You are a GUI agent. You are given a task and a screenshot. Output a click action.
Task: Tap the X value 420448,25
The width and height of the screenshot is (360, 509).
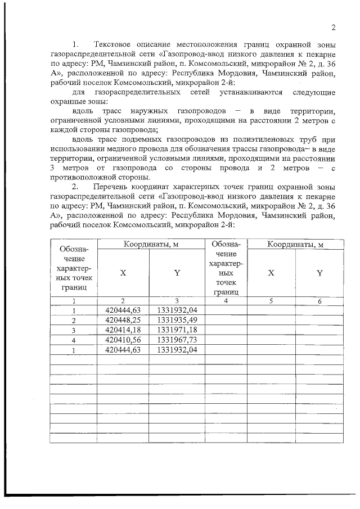pyautogui.click(x=123, y=320)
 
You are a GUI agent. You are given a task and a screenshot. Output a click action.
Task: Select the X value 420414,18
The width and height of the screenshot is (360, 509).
pyautogui.click(x=123, y=330)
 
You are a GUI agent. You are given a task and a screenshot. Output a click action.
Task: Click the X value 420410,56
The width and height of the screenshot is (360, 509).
pyautogui.click(x=123, y=339)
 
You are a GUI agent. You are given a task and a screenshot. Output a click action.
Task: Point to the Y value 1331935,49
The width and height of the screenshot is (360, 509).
pyautogui.click(x=177, y=320)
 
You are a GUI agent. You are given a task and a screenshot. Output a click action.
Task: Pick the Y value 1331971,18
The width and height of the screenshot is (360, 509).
pyautogui.click(x=177, y=330)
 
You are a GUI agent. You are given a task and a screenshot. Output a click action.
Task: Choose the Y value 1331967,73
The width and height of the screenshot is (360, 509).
pyautogui.click(x=177, y=339)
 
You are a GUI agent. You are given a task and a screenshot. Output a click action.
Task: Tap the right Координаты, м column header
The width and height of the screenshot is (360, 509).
pyautogui.click(x=295, y=245)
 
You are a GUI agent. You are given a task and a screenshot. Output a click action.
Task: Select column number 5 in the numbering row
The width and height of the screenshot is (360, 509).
pyautogui.click(x=271, y=301)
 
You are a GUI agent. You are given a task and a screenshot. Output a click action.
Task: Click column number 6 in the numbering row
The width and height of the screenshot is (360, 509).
pyautogui.click(x=319, y=301)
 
